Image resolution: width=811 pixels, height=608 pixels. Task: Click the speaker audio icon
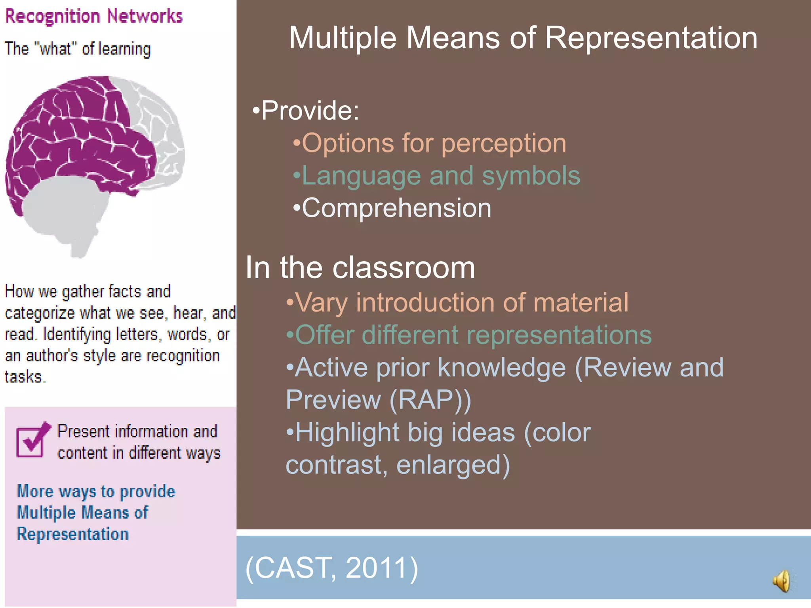pyautogui.click(x=782, y=581)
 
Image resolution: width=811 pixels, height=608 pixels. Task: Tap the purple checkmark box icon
pyautogui.click(x=32, y=440)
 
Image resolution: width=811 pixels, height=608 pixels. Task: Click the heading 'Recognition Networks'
pyautogui.click(x=93, y=16)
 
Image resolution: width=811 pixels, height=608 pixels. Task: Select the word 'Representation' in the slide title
pyautogui.click(x=651, y=38)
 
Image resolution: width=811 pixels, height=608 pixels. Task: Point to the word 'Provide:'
pyautogui.click(x=310, y=110)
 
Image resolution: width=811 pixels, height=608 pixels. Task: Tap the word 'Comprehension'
pyautogui.click(x=396, y=208)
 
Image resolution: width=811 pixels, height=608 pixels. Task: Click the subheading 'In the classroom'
pyautogui.click(x=360, y=268)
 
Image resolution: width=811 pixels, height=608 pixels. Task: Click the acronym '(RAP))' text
pyautogui.click(x=430, y=400)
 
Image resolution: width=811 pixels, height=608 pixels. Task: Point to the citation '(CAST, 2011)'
pyautogui.click(x=332, y=568)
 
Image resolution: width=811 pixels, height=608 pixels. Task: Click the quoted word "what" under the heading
pyautogui.click(x=55, y=49)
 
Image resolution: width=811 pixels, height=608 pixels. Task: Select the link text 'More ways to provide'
pyautogui.click(x=96, y=492)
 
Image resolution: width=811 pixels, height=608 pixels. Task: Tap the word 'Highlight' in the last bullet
pyautogui.click(x=347, y=432)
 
